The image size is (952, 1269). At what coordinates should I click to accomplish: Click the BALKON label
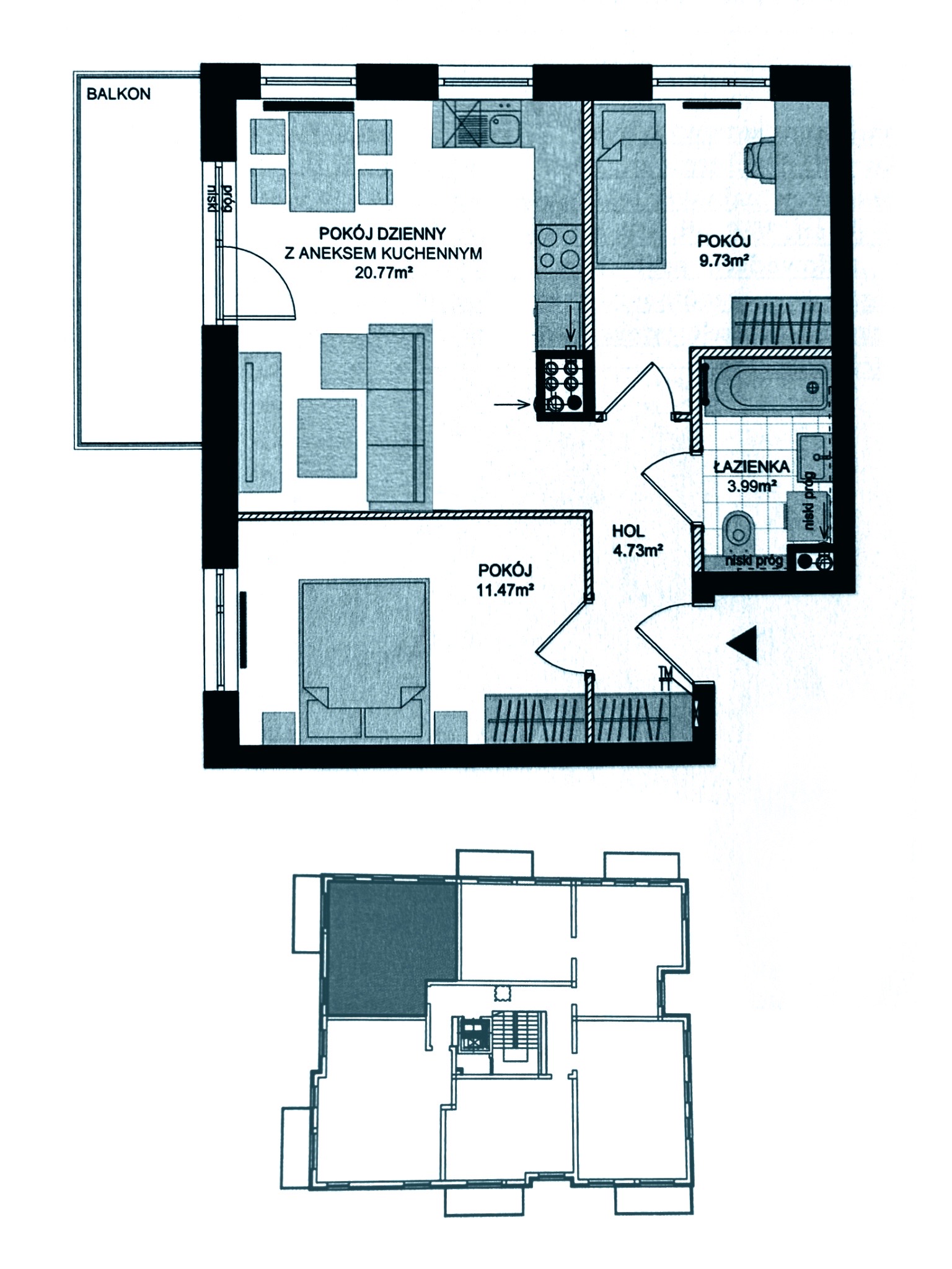point(118,94)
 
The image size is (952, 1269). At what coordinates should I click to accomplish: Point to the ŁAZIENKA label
point(751,466)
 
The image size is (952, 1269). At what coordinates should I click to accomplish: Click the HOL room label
point(628,531)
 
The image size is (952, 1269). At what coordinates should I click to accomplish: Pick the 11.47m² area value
point(505,589)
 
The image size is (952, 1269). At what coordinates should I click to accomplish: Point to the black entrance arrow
point(743,645)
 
